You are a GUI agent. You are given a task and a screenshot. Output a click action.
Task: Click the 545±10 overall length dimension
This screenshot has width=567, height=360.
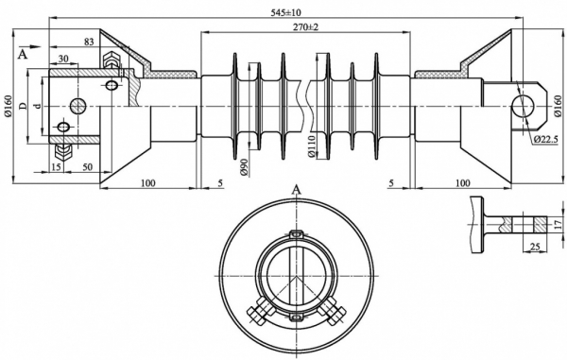[x=285, y=12]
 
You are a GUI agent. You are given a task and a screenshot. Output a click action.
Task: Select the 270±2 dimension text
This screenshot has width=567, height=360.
[x=306, y=27]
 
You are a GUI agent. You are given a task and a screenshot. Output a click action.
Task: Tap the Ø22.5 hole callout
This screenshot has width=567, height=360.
[x=546, y=139]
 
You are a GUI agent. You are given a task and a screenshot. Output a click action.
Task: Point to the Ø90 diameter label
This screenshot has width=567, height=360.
[x=245, y=167]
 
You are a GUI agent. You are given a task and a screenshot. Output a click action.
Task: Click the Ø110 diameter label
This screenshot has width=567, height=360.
[x=312, y=146]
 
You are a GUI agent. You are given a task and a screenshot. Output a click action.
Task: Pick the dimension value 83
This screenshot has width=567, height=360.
[x=89, y=42]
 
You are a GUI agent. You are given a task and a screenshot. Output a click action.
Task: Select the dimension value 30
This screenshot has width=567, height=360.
[x=63, y=59]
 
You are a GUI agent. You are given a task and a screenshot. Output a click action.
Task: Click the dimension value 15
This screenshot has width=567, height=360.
[x=56, y=167]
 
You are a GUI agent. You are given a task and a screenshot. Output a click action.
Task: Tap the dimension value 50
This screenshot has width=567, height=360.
[x=88, y=167]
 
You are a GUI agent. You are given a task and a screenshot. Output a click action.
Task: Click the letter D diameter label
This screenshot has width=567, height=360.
[x=23, y=106]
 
